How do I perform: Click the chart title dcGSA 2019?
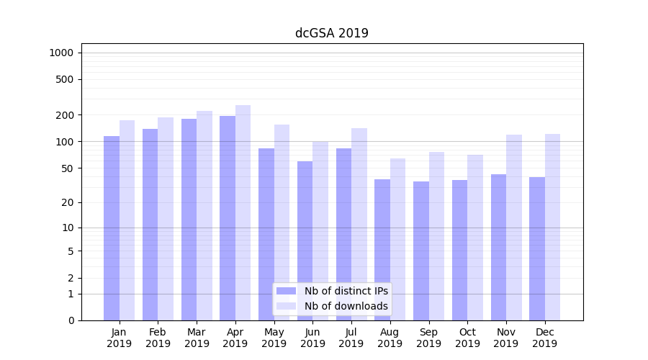click(331, 33)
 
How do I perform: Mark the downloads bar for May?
click(282, 222)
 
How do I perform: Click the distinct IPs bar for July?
click(343, 234)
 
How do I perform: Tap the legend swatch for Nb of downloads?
click(287, 306)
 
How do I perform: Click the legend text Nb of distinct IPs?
click(346, 291)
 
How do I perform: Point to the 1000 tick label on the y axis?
click(61, 53)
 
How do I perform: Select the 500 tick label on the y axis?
click(66, 79)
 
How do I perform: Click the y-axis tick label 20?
click(68, 202)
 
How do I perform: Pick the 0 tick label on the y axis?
click(71, 320)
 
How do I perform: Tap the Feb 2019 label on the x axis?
click(158, 338)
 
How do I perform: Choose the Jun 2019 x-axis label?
click(312, 338)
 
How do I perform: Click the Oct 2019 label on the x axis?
click(467, 338)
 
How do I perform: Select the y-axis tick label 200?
click(66, 115)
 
